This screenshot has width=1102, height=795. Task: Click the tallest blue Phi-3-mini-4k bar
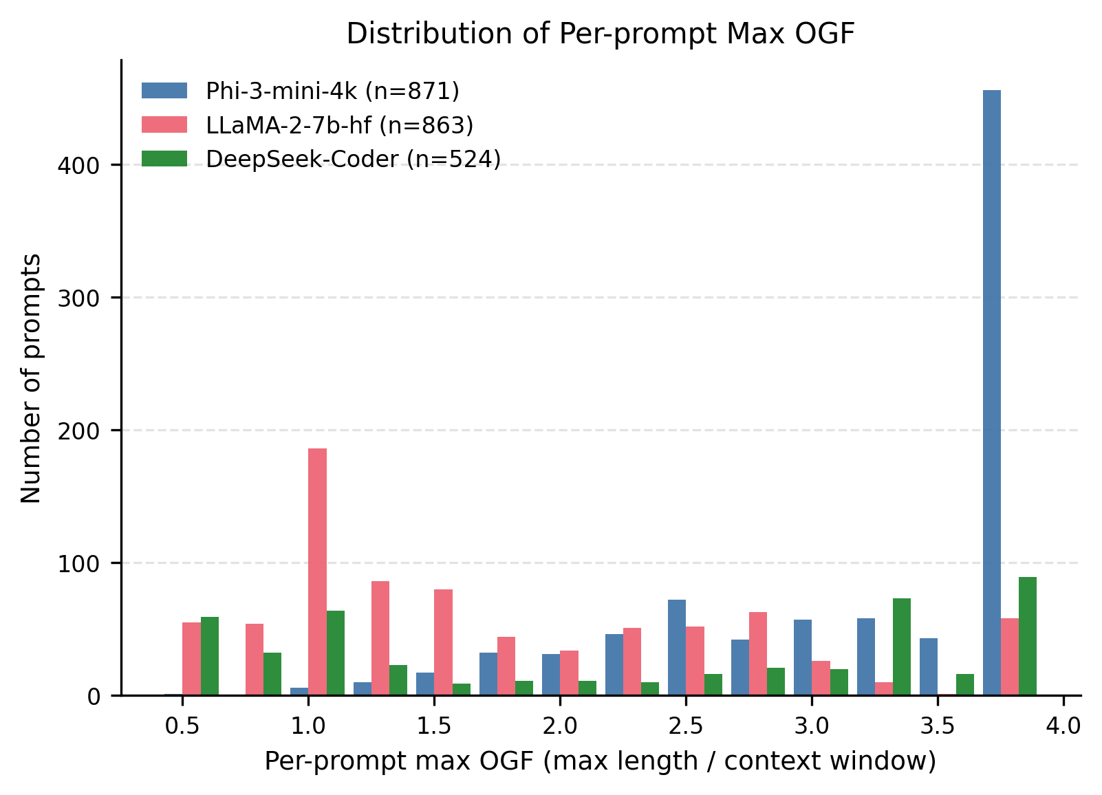(991, 392)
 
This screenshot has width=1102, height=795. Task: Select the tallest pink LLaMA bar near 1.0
(317, 571)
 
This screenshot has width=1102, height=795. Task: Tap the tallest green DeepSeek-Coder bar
(1027, 636)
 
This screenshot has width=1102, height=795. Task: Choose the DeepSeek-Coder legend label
(353, 159)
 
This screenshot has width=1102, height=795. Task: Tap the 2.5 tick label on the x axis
(686, 726)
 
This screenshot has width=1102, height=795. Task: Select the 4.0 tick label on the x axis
(1063, 726)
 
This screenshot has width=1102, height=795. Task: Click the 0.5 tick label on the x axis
(182, 726)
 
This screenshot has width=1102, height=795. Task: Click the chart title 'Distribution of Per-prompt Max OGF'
(600, 34)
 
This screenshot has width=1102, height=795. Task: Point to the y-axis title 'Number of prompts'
(32, 378)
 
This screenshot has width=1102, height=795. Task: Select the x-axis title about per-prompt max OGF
(600, 761)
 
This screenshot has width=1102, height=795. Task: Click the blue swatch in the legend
(164, 90)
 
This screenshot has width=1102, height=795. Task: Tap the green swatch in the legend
(164, 159)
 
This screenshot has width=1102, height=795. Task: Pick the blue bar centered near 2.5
(676, 647)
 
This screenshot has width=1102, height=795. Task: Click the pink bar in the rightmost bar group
(1009, 657)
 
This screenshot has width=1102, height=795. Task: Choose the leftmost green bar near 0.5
(209, 656)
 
